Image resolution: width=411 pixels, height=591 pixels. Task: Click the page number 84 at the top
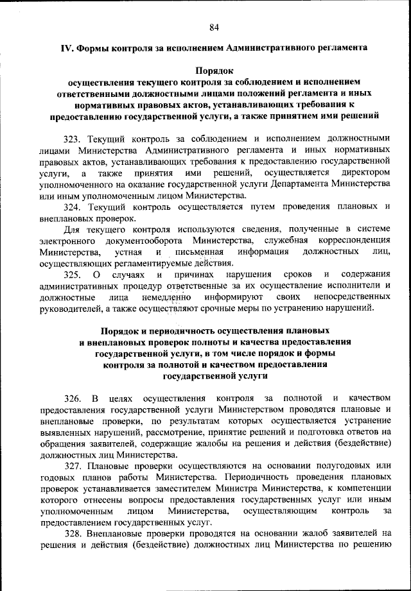214,26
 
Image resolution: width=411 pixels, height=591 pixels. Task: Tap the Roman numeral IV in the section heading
66,47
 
